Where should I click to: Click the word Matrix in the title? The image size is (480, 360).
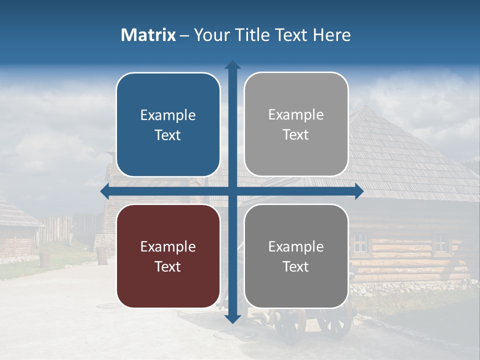click(148, 35)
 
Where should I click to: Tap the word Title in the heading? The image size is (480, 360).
click(255, 35)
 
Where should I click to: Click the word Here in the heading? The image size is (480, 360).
click(331, 35)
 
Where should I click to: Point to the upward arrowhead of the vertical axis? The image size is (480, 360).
click(232, 65)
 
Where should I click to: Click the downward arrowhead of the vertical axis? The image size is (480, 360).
click(232, 319)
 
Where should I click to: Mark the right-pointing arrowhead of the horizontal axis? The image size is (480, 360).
click(358, 191)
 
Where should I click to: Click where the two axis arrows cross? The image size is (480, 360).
click(232, 191)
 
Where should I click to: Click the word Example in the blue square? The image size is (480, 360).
click(168, 115)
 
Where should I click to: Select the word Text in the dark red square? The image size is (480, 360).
click(168, 266)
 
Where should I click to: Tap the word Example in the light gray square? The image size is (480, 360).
click(296, 115)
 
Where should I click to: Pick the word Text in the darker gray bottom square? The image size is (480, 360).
click(296, 266)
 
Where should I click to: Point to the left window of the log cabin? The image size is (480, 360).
click(360, 243)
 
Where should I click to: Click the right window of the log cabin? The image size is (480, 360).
click(440, 242)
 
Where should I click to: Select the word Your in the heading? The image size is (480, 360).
click(212, 35)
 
